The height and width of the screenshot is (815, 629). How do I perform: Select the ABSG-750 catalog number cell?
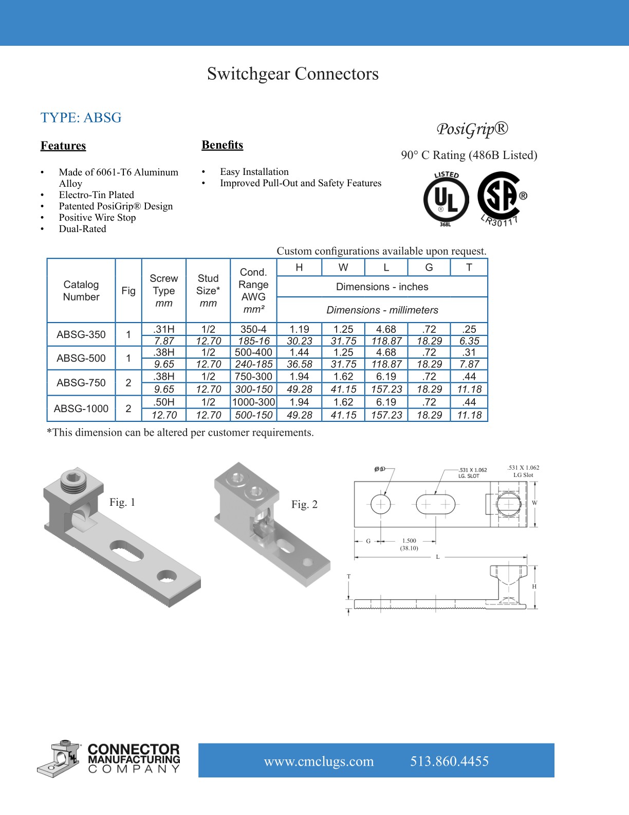81,383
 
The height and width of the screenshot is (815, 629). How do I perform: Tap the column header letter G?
429,268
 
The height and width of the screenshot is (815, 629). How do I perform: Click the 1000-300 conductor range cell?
253,402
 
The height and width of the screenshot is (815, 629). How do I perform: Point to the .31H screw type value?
164,329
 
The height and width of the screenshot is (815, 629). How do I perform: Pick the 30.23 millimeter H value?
299,341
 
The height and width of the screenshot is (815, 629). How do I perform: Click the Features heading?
63,146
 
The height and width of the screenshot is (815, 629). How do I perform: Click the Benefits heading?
222,145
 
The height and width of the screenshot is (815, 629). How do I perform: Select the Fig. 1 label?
122,502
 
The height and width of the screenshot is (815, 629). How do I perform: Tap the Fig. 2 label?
304,504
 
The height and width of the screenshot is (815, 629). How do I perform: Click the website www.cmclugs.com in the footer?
319,761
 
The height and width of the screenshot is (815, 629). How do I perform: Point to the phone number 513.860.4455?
449,761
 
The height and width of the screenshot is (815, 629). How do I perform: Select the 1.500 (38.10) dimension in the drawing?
409,544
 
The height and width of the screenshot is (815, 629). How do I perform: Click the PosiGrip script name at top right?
472,129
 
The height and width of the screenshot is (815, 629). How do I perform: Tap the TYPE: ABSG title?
81,118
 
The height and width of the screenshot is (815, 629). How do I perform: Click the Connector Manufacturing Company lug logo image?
58,758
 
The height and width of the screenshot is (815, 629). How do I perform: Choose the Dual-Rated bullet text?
82,229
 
